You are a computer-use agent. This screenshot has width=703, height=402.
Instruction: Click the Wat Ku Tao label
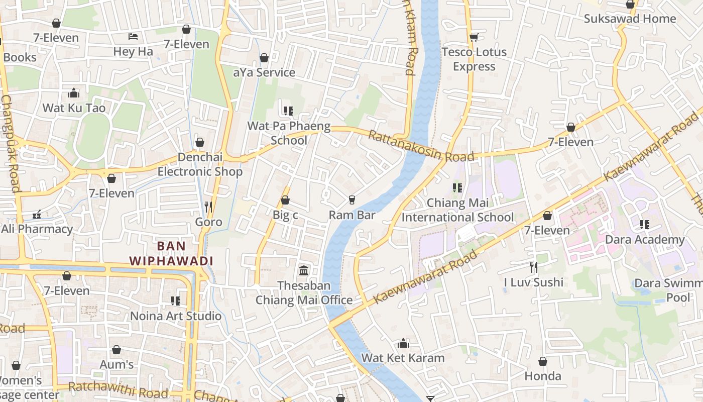74,108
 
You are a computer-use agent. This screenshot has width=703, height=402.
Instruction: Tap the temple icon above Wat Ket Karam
403,344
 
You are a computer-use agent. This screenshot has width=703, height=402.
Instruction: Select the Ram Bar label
352,215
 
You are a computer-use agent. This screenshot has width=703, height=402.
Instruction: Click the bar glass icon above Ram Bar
352,200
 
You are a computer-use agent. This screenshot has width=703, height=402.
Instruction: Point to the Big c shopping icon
285,200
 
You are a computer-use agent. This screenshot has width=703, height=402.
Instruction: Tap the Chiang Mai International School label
457,210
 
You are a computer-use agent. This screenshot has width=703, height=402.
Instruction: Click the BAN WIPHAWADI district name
171,254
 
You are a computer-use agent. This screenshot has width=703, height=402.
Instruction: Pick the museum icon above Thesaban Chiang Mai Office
304,271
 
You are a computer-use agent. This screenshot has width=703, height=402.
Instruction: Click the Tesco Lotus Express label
474,59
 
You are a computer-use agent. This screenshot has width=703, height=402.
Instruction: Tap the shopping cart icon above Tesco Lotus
474,37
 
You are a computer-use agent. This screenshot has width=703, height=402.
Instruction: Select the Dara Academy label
645,240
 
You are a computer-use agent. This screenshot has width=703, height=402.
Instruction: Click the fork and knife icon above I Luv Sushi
534,267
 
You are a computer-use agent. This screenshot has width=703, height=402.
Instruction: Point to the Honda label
543,376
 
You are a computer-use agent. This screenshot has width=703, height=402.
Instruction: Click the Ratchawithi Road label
118,389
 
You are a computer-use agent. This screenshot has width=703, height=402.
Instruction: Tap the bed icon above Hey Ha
133,37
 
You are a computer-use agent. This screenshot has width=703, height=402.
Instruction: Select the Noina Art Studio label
176,316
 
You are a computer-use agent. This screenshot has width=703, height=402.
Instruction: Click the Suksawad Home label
630,19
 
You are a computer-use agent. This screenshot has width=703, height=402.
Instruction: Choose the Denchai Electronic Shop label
200,164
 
